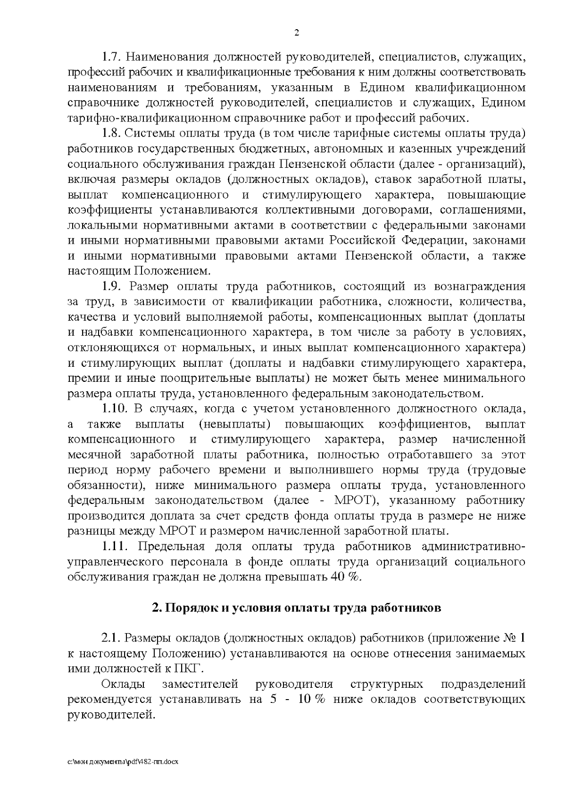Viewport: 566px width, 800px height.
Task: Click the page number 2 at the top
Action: tap(296, 33)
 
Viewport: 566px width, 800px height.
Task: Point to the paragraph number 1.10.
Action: tap(116, 409)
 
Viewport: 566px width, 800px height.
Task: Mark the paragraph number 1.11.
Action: tap(115, 546)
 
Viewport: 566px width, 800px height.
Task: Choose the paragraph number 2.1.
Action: tap(112, 638)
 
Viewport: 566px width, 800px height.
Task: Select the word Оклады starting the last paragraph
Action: tap(123, 684)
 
